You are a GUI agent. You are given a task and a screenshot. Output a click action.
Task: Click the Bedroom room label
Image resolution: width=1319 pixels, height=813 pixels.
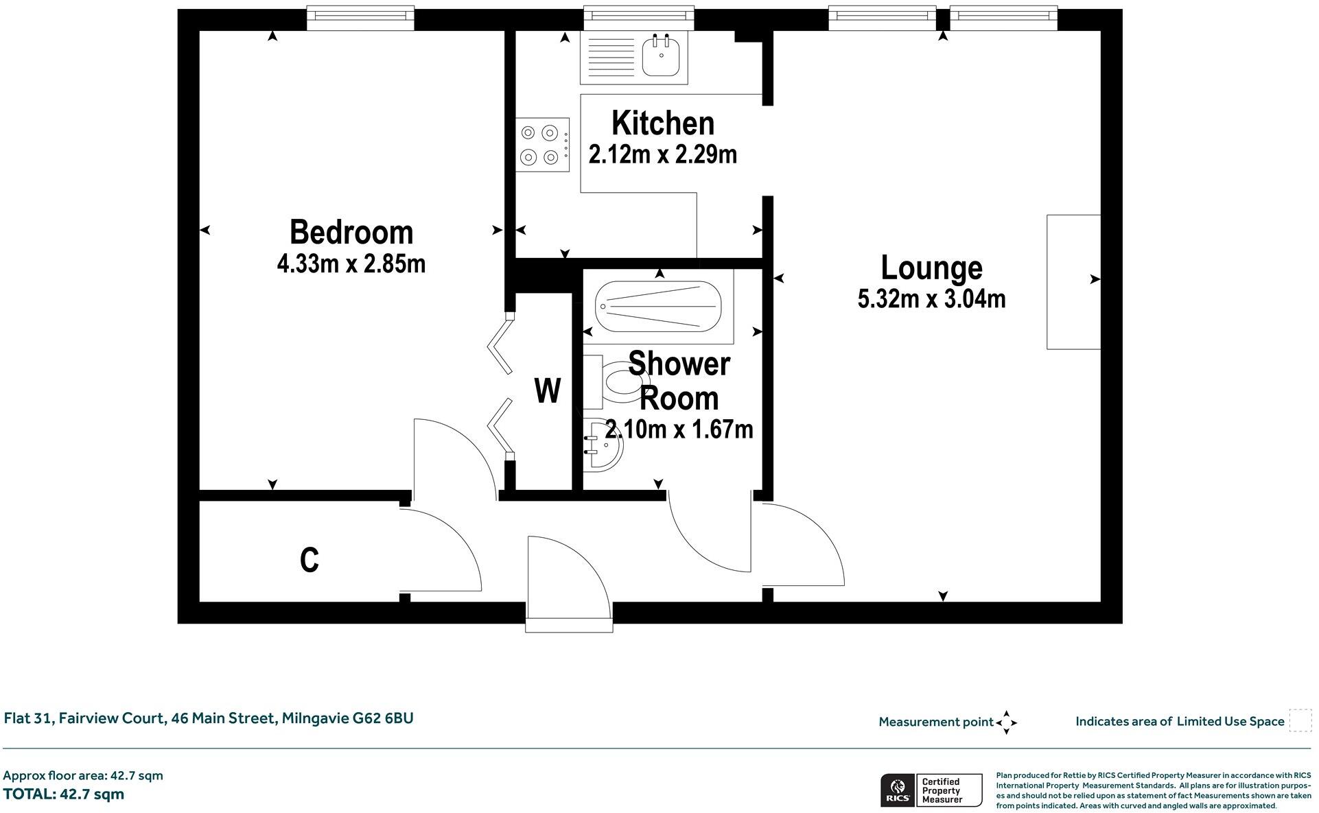point(351,233)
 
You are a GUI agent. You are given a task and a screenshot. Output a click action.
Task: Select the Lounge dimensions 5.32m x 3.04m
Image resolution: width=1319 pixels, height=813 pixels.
point(931,299)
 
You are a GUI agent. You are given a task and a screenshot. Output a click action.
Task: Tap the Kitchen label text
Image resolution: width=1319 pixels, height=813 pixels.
point(663,123)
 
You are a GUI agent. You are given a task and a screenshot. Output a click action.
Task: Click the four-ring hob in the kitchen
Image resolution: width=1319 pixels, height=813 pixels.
point(542,145)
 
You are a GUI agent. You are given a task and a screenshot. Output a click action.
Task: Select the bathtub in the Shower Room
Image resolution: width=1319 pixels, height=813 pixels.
point(658,306)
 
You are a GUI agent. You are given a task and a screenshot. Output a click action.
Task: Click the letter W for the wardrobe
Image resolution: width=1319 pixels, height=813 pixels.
point(547,392)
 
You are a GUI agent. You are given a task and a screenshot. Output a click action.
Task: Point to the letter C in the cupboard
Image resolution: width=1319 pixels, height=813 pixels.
point(310,561)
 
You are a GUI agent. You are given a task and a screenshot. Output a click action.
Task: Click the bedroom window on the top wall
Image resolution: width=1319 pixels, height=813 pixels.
point(360,18)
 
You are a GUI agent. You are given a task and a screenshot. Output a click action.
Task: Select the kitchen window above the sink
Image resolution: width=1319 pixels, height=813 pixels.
point(638,18)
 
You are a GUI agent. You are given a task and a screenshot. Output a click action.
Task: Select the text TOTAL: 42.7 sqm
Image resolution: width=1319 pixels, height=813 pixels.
point(64,794)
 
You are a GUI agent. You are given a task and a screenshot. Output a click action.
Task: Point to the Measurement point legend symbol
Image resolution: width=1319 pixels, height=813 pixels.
point(1006,722)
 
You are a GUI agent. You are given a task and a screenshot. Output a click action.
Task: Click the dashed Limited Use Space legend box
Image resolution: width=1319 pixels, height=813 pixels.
point(1300,721)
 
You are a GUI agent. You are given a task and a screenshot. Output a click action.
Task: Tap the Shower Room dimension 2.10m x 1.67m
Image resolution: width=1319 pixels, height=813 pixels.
point(679,429)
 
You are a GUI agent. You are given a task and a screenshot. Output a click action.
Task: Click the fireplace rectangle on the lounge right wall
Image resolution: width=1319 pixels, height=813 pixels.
point(1073,282)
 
